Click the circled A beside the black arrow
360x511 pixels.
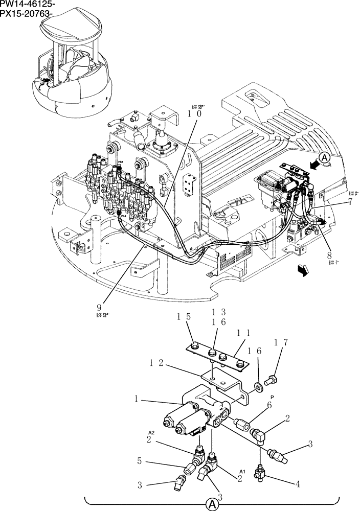coord(327,158)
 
